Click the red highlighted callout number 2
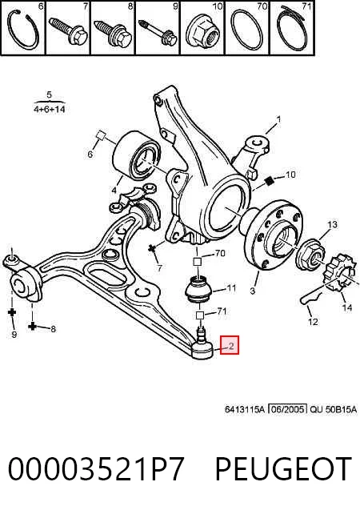click(x=230, y=345)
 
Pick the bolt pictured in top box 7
click(x=68, y=31)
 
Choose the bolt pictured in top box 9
click(x=158, y=32)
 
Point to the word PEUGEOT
click(x=284, y=468)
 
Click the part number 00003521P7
click(x=96, y=468)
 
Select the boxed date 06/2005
click(x=288, y=409)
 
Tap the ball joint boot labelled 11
click(x=198, y=289)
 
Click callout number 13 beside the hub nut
click(x=332, y=224)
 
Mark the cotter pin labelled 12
click(x=310, y=297)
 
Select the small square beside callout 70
click(x=198, y=262)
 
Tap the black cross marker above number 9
click(x=12, y=312)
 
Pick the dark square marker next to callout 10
click(x=268, y=181)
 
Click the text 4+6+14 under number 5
click(x=50, y=109)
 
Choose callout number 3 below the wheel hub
click(x=253, y=290)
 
